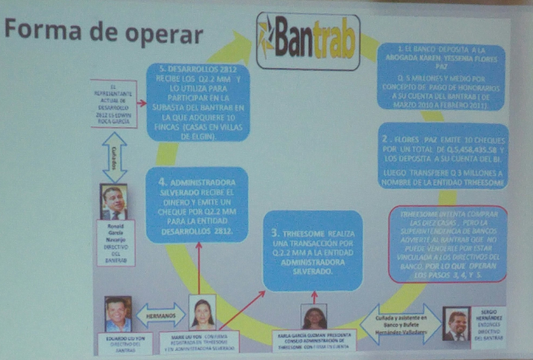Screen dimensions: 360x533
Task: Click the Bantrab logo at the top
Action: pyautogui.click(x=307, y=40)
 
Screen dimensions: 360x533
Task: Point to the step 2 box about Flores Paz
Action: pyautogui.click(x=444, y=160)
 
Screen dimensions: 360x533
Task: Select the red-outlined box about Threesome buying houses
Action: pyautogui.click(x=448, y=243)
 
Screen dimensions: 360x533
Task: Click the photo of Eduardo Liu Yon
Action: pyautogui.click(x=118, y=313)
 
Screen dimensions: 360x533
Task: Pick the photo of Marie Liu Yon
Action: pyautogui.click(x=202, y=312)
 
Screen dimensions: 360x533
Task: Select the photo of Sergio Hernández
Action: pyautogui.click(x=456, y=323)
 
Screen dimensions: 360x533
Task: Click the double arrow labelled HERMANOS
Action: pyautogui.click(x=161, y=313)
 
